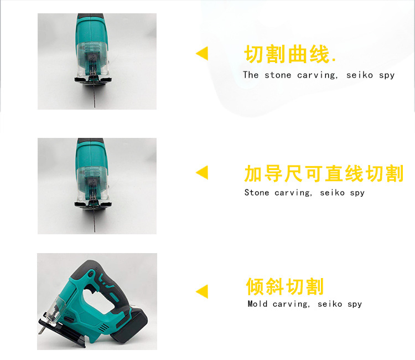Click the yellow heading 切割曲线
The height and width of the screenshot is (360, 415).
(x=287, y=54)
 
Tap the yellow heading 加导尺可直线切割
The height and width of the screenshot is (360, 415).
(x=324, y=173)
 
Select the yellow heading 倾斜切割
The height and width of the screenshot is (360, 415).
(x=285, y=286)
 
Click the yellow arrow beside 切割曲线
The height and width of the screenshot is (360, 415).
(x=202, y=53)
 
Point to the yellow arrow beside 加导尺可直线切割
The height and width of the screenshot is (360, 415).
(x=202, y=172)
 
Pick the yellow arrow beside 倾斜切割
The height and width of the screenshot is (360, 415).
(x=202, y=291)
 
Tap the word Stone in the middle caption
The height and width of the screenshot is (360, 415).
(x=256, y=192)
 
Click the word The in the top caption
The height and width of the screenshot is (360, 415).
(x=251, y=75)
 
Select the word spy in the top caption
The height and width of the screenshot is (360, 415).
(x=386, y=75)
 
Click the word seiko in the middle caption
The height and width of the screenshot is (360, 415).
(x=332, y=192)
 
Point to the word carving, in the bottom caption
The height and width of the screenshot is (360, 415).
(x=291, y=304)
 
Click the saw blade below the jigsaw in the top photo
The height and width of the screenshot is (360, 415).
(x=95, y=92)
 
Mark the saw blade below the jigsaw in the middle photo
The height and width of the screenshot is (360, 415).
(x=95, y=218)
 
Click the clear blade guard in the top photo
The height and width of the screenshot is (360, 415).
(x=92, y=59)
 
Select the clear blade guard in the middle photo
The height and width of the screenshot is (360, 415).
(x=92, y=183)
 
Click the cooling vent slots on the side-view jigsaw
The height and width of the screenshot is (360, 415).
(x=104, y=328)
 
